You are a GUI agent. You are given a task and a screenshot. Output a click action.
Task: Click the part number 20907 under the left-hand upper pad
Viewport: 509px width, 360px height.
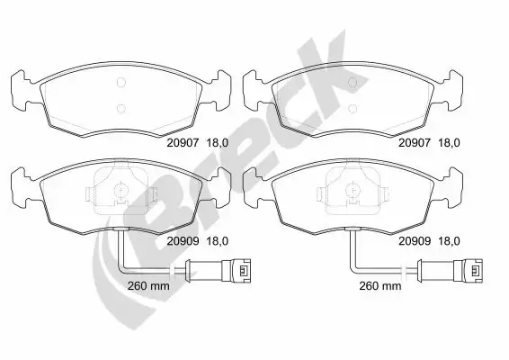click(183, 142)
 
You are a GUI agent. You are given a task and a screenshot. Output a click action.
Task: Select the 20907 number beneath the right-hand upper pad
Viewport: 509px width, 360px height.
click(415, 142)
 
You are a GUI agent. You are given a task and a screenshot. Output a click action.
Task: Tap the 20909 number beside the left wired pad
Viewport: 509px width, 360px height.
click(183, 241)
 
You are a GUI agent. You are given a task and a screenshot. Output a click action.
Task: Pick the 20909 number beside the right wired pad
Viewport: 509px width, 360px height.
click(415, 241)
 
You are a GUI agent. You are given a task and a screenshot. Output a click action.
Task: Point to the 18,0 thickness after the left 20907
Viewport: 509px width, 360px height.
click(218, 142)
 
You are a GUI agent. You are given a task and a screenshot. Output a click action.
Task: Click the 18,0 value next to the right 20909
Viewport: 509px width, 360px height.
click(450, 241)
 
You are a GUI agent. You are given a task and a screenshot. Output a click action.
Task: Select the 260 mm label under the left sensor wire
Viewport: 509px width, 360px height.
click(148, 286)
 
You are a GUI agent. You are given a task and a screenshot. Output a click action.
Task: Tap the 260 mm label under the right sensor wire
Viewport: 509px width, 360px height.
click(380, 286)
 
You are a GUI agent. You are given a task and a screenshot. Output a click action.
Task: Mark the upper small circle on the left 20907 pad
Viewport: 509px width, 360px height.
click(121, 83)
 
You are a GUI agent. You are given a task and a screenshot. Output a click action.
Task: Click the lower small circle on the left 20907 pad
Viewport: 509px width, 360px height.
click(121, 109)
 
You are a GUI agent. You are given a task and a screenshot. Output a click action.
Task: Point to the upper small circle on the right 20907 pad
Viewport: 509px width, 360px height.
click(353, 83)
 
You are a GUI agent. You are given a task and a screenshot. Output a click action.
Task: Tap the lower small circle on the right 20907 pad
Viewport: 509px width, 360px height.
click(353, 109)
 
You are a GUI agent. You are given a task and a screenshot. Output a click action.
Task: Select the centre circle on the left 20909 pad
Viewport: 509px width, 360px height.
click(121, 191)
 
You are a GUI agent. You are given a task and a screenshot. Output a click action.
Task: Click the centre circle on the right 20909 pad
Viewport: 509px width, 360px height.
click(353, 191)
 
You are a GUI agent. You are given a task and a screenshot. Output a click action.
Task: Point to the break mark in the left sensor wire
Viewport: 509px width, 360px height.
click(173, 270)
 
